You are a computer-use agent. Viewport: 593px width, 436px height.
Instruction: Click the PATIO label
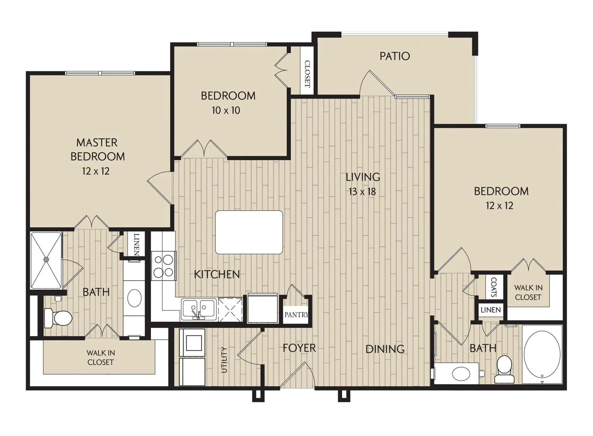[395, 56]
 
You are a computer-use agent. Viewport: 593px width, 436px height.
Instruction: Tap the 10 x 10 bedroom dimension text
[226, 110]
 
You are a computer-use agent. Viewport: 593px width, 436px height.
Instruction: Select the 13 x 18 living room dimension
[362, 192]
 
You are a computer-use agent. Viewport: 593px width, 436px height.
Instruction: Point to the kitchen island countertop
[249, 232]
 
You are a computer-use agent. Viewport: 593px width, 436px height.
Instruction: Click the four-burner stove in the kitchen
[164, 266]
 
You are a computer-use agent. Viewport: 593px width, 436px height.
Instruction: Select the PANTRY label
[296, 314]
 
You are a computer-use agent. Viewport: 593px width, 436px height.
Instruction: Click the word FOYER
[299, 348]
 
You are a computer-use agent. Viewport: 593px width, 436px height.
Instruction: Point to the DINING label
[385, 349]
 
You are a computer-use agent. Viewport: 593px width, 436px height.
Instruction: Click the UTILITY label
[224, 360]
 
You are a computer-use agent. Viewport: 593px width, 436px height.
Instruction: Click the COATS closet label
[494, 287]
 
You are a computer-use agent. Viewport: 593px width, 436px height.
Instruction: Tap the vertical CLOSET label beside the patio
[307, 74]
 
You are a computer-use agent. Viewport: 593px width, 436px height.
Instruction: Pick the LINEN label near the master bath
[136, 244]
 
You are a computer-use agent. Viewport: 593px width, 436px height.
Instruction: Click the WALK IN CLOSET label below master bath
[100, 358]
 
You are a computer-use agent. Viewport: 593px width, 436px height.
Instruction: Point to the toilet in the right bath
[504, 369]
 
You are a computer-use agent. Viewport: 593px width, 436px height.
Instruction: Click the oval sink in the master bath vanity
[134, 298]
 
